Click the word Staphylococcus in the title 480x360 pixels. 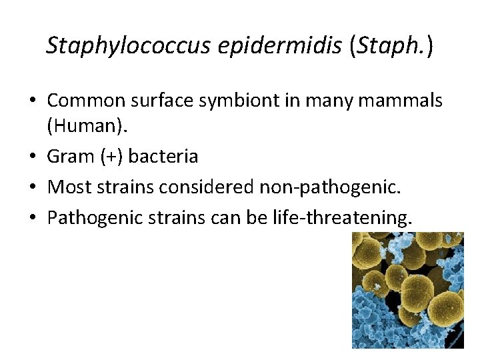(x=129, y=45)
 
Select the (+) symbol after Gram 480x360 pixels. (x=110, y=157)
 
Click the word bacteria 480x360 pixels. (x=163, y=157)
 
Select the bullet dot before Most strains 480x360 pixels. (x=33, y=188)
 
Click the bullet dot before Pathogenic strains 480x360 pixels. (x=33, y=218)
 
